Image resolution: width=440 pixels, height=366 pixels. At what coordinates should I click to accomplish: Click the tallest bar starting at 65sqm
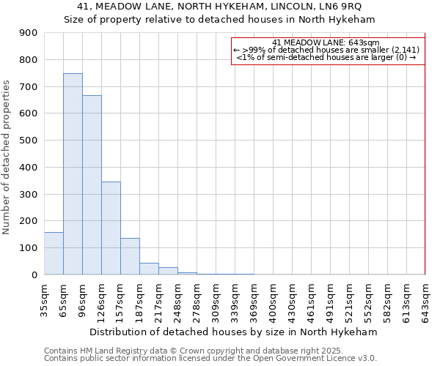[73, 174]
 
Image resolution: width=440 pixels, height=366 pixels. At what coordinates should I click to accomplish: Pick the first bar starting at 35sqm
[54, 253]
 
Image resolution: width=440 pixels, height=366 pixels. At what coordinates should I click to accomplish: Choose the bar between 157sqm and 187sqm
[130, 256]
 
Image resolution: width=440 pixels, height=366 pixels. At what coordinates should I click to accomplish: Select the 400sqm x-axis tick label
[273, 300]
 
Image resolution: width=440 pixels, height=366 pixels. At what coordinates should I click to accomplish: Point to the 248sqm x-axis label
[177, 300]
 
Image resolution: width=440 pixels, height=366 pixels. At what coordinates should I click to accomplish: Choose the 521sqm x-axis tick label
[349, 300]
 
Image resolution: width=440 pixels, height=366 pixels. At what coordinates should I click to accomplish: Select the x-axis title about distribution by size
[235, 332]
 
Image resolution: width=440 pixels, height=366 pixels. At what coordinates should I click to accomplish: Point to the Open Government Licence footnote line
[210, 359]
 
